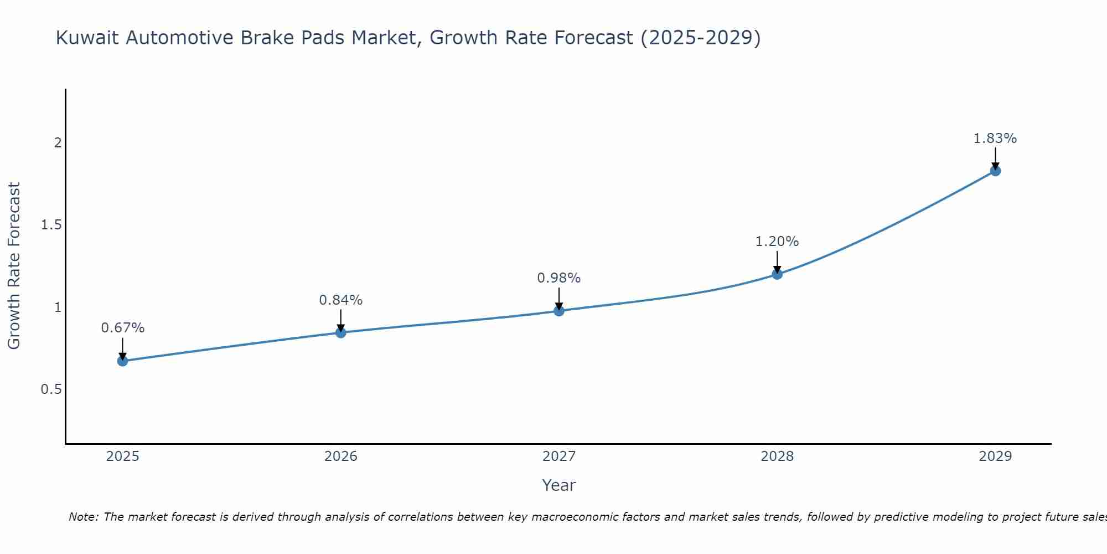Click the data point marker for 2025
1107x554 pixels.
pyautogui.click(x=123, y=361)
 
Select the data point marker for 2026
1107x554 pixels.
pyautogui.click(x=341, y=333)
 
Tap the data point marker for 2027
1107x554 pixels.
pyautogui.click(x=559, y=311)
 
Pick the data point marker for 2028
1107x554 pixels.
pyautogui.click(x=777, y=274)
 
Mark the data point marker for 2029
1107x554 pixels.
pyautogui.click(x=995, y=171)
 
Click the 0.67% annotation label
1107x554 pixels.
pyautogui.click(x=123, y=328)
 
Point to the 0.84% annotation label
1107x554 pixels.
pyautogui.click(x=341, y=300)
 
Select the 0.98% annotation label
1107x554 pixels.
pyautogui.click(x=559, y=278)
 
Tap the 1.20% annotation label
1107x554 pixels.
pyautogui.click(x=777, y=242)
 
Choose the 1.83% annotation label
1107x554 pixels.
pyautogui.click(x=995, y=138)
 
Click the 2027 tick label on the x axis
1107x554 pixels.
pyautogui.click(x=559, y=456)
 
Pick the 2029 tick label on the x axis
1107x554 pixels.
pyautogui.click(x=995, y=456)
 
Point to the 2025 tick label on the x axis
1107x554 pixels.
pyautogui.click(x=123, y=456)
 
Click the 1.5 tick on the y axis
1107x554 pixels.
pyautogui.click(x=51, y=225)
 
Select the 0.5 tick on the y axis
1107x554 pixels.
pyautogui.click(x=51, y=389)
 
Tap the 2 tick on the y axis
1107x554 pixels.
pyautogui.click(x=58, y=143)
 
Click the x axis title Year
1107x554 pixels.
pyautogui.click(x=559, y=485)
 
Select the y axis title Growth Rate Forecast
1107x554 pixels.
pyautogui.click(x=14, y=266)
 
